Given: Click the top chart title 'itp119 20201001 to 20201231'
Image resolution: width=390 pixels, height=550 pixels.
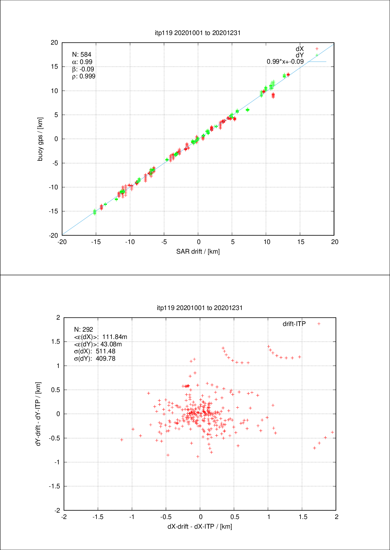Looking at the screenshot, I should [x=198, y=33].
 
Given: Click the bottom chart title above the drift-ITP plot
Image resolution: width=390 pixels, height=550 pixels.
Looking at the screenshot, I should [x=200, y=308].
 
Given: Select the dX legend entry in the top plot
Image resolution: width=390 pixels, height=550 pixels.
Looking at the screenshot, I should [x=300, y=49].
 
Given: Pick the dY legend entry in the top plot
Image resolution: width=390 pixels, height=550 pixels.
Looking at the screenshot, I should [x=300, y=55].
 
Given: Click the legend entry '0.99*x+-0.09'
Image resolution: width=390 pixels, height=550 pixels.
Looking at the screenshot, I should [x=285, y=62].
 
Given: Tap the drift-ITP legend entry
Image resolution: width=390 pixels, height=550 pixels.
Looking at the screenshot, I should [x=294, y=324].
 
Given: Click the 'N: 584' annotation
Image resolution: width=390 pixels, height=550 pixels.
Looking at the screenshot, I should [x=81, y=54].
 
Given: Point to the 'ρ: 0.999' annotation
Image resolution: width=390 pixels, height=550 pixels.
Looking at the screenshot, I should [x=83, y=76].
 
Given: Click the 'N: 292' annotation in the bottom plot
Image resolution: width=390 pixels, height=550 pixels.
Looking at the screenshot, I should [x=83, y=329].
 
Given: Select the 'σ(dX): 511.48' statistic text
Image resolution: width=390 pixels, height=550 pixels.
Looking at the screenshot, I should [x=94, y=351].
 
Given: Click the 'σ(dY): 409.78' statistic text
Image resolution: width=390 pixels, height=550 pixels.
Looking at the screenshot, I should [x=94, y=359].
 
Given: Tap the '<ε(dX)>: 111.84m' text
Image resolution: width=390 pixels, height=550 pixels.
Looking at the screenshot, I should [x=100, y=337].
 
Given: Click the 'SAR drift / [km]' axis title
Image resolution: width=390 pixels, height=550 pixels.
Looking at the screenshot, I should [x=198, y=251].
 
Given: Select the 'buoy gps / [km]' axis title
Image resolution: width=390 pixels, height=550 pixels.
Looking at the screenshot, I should [x=40, y=139].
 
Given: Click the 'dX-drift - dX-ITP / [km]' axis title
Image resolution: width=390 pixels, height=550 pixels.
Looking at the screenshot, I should [x=200, y=526].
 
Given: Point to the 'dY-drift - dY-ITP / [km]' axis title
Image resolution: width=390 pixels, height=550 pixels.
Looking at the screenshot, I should [x=38, y=414].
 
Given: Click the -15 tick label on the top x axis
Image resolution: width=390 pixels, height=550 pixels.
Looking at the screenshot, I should [x=96, y=242].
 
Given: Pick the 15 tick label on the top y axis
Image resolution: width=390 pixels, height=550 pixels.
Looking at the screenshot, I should [x=54, y=67].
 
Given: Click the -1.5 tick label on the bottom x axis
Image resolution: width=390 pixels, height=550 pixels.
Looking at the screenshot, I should [x=98, y=517].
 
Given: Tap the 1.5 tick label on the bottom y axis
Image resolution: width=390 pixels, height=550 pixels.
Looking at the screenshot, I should [x=56, y=342].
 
